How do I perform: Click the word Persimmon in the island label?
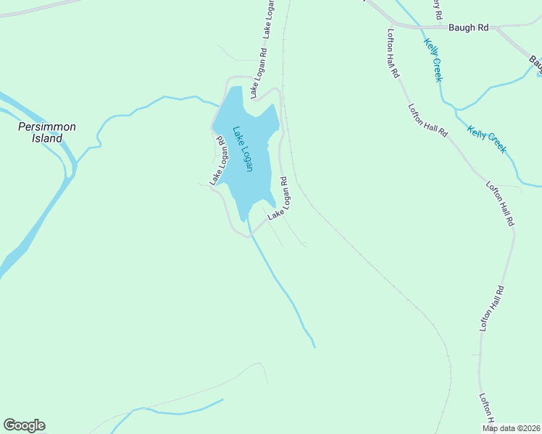pyautogui.click(x=46, y=127)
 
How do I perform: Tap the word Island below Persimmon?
pyautogui.click(x=47, y=138)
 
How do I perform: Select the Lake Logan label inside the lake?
pyautogui.click(x=243, y=149)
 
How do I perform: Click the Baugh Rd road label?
pyautogui.click(x=469, y=27)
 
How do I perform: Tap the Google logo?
pyautogui.click(x=24, y=425)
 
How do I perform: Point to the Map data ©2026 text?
pyautogui.click(x=511, y=428)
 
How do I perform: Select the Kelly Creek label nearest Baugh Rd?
pyautogui.click(x=433, y=59)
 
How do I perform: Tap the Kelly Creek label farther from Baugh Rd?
pyautogui.click(x=487, y=140)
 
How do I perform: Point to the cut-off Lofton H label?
pyautogui.click(x=485, y=409)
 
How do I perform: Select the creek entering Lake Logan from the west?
pyautogui.click(x=145, y=107)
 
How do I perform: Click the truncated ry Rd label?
pyautogui.click(x=436, y=9)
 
